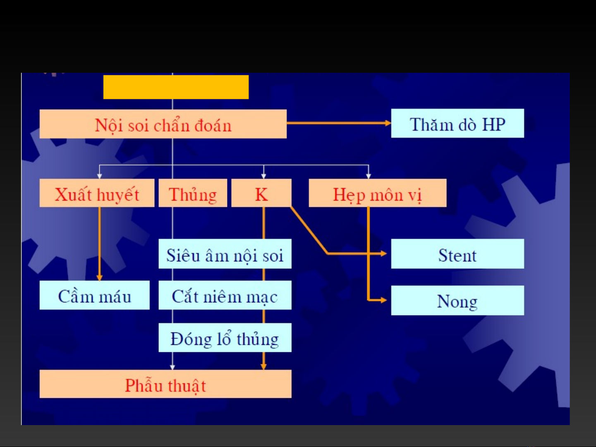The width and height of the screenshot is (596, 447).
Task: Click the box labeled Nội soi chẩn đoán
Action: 163,124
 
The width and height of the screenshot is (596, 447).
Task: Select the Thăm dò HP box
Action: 457,124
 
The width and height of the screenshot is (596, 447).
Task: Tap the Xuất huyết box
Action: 97,193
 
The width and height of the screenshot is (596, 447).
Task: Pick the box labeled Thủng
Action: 193,193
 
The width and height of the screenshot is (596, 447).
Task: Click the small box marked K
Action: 261,193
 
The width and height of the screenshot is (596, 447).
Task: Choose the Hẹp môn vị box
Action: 377,193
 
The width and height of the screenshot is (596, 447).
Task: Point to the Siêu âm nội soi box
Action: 225,254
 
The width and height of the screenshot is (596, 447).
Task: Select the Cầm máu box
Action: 94,295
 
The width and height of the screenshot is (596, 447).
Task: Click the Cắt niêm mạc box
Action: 225,295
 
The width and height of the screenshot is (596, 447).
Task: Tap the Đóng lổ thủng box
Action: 225,338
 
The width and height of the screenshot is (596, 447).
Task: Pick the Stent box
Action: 457,254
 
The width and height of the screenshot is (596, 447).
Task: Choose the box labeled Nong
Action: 457,301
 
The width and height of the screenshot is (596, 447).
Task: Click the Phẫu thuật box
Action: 165,384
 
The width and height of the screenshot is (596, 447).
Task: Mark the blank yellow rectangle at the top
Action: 176,87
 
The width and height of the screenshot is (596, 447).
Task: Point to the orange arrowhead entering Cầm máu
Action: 99,277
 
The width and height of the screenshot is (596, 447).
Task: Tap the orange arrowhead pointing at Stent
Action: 384,253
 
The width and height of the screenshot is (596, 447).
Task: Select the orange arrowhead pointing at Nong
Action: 384,300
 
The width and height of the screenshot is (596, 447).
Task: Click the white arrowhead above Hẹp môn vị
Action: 369,176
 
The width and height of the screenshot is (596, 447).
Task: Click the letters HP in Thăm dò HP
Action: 493,124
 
